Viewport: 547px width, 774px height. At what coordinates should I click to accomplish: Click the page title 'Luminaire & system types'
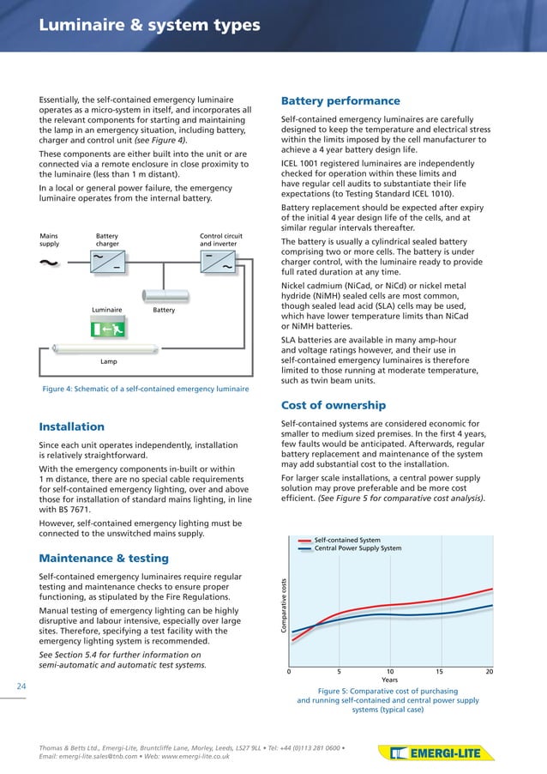click(x=149, y=26)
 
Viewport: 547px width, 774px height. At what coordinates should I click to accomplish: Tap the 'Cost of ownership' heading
click(x=334, y=405)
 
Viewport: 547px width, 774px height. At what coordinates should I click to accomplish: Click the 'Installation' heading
click(x=72, y=426)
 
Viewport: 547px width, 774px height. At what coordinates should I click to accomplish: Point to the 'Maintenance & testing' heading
click(x=105, y=559)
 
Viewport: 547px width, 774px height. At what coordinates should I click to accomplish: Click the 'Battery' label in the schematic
click(x=164, y=310)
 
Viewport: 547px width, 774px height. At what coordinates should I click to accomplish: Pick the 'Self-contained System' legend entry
click(x=347, y=540)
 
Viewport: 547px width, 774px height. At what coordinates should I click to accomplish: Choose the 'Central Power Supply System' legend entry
click(x=358, y=548)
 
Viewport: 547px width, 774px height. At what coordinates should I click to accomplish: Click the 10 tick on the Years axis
click(x=390, y=671)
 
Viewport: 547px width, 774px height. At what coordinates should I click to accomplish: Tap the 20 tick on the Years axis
click(x=490, y=671)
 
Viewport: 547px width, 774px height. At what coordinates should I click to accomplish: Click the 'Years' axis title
click(x=389, y=680)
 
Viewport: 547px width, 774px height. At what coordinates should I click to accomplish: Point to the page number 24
click(x=21, y=686)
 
